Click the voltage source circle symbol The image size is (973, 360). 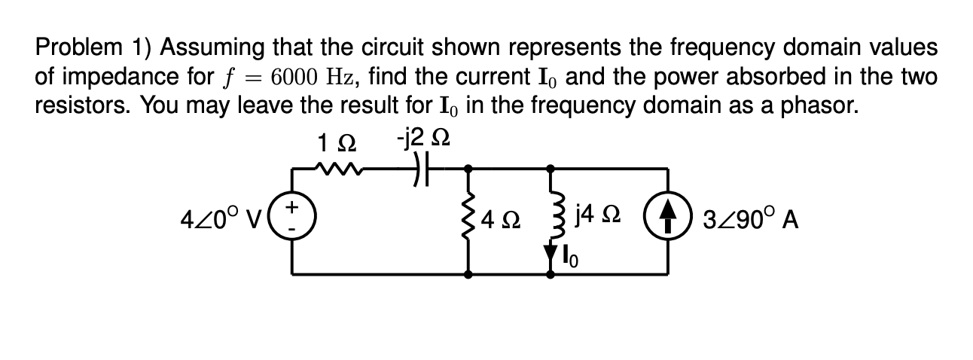tap(293, 221)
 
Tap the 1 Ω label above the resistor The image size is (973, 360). tap(332, 141)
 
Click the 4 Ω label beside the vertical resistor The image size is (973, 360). tap(502, 222)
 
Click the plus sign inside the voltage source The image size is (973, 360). tap(294, 206)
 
